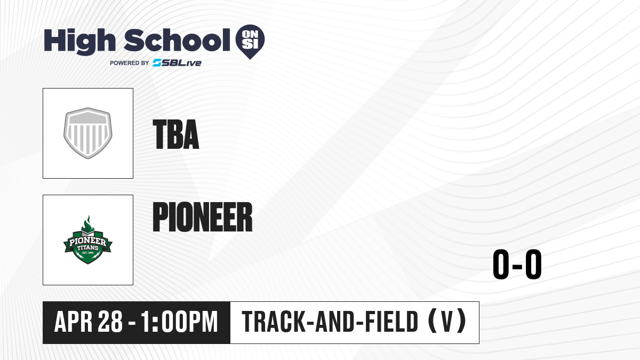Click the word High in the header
coord(80,42)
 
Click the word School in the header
coord(177,40)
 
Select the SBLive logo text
coord(177,63)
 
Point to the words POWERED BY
coord(130,63)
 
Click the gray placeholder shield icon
coord(88,133)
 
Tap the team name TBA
coord(176,134)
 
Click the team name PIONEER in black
coord(203,217)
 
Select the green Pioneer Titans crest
coord(88,240)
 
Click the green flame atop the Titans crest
coord(88,223)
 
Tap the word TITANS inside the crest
coord(88,247)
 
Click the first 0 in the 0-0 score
coord(501,264)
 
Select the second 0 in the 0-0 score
coord(533,264)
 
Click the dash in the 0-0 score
coord(517,266)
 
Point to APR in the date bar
coord(73,322)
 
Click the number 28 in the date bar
coord(110,322)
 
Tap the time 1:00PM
coord(179,322)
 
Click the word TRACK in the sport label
coord(274,322)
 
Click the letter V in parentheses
coord(447,322)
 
